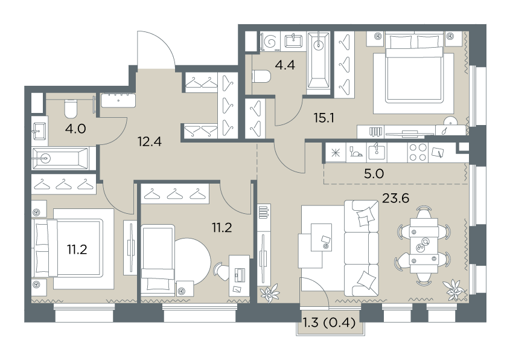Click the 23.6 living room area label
(395, 198)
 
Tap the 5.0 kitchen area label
(374, 173)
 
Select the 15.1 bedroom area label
(324, 118)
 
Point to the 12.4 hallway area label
(149, 141)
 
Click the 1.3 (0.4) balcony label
(329, 323)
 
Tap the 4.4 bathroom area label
(285, 65)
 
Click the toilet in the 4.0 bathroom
(71, 109)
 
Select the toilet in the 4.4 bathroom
(261, 77)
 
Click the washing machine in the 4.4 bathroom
(270, 42)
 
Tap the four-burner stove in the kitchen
(418, 152)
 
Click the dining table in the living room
(424, 245)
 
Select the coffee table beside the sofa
(321, 237)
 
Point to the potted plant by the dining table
(453, 289)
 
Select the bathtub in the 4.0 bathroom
(60, 158)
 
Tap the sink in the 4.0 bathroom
(40, 131)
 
